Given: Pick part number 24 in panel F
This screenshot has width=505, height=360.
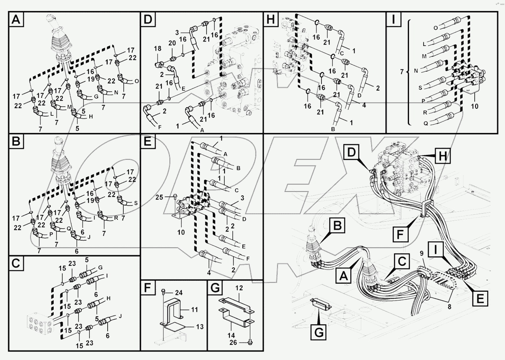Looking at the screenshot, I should click(x=178, y=293).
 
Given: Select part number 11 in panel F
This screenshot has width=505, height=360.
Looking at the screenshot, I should click(x=194, y=310).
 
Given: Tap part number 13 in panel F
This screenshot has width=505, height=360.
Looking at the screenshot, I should click(x=199, y=327).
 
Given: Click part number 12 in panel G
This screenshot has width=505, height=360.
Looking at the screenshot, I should click(x=239, y=288).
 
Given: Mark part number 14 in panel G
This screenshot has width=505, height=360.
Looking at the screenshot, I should click(x=231, y=335).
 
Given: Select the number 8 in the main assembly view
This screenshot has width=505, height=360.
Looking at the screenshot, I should click(x=449, y=307).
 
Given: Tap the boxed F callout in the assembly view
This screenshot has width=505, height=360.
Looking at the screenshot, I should click(x=400, y=234).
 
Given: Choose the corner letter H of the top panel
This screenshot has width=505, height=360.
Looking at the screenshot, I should click(x=270, y=20).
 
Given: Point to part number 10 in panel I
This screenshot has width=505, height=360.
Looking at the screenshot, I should click(x=474, y=107).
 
